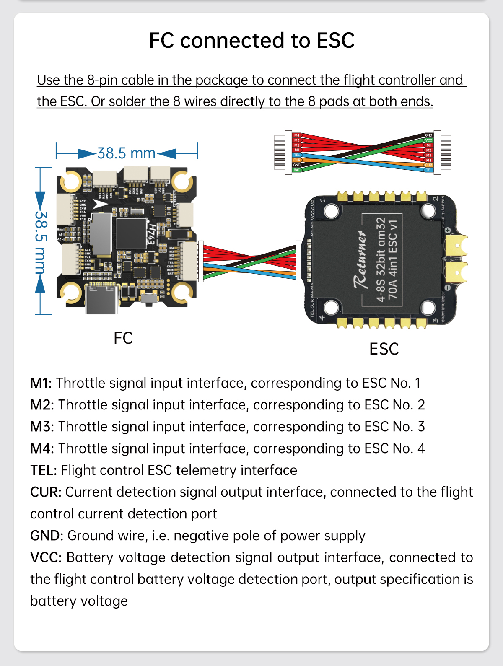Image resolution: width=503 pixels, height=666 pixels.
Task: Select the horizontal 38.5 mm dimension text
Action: coord(126,153)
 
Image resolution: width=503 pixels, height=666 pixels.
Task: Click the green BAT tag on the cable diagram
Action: coord(297,170)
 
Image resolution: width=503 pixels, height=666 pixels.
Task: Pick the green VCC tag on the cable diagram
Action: coord(428,140)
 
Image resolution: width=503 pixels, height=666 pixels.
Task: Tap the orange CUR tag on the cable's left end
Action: coord(297,160)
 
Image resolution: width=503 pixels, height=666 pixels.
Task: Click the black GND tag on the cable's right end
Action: coord(428,135)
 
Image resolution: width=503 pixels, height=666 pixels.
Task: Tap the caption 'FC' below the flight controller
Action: coord(123,338)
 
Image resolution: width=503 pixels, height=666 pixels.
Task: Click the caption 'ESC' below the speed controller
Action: coord(384,349)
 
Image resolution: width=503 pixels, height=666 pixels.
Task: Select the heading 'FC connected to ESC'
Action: coord(251,41)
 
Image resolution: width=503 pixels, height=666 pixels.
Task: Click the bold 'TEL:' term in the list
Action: coord(43,470)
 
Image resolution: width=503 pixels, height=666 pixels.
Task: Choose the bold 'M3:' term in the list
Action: coord(42,427)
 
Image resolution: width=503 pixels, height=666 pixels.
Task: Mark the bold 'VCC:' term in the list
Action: coord(46,557)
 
